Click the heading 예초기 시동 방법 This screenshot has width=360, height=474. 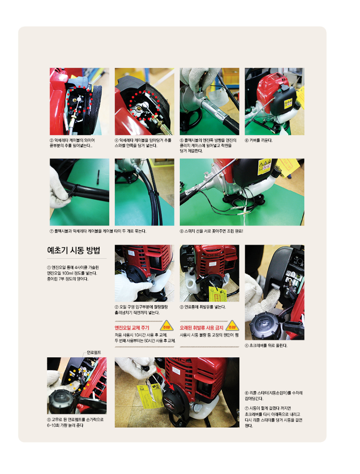pyautogui.click(x=74, y=250)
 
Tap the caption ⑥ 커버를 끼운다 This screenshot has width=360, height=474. pyautogui.click(x=258, y=140)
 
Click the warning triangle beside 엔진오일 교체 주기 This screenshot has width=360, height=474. pyautogui.click(x=167, y=326)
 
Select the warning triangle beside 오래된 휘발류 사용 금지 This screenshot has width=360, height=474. pyautogui.click(x=232, y=326)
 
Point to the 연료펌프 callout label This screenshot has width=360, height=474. pyautogui.click(x=94, y=353)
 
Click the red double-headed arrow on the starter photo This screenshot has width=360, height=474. pyautogui.click(x=165, y=378)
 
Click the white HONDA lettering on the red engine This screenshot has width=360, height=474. pyautogui.click(x=261, y=93)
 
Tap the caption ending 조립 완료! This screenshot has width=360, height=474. pyautogui.click(x=211, y=231)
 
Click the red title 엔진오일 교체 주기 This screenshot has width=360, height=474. pyautogui.click(x=132, y=328)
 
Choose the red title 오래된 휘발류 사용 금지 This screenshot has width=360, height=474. pyautogui.click(x=201, y=328)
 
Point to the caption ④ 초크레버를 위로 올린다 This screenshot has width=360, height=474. pyautogui.click(x=266, y=345)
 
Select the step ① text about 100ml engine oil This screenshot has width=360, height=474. pyautogui.click(x=73, y=273)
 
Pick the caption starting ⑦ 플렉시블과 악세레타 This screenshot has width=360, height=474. pyautogui.click(x=98, y=231)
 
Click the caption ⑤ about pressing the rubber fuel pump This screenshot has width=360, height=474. pyautogui.click(x=75, y=422)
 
